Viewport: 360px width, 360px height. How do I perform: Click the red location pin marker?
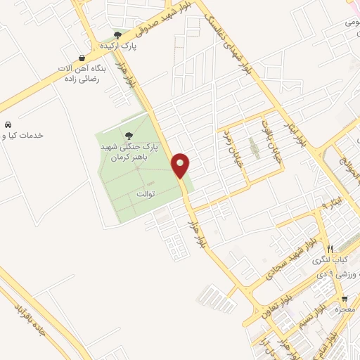(x=181, y=165)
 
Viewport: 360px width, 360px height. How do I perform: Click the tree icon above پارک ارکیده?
(x=117, y=34)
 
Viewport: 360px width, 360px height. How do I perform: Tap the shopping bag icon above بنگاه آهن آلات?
(x=83, y=58)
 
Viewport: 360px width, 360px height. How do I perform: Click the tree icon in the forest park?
(x=127, y=136)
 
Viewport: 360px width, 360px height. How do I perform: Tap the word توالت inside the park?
(x=145, y=193)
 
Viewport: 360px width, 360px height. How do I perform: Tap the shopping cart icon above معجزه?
(x=345, y=298)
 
